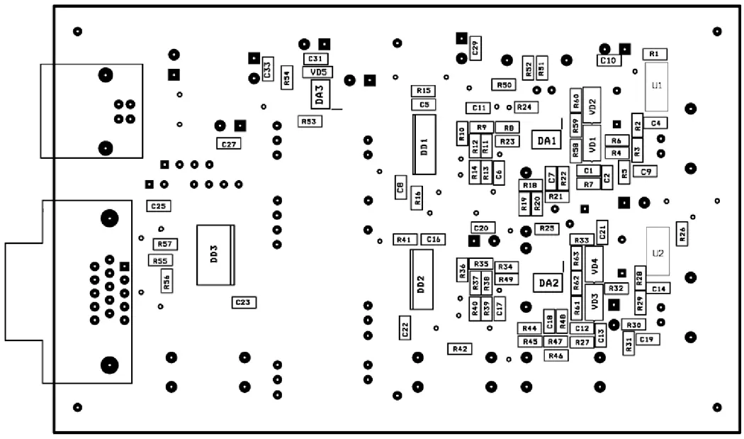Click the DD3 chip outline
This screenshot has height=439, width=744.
[215, 255]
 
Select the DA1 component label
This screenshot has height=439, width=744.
[546, 141]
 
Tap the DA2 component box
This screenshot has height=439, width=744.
[548, 283]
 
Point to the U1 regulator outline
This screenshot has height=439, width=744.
[656, 86]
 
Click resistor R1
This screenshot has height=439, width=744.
[654, 54]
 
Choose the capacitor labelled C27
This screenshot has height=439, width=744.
[229, 144]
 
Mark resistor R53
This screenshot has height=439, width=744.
[308, 121]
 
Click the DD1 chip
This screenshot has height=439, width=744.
[424, 145]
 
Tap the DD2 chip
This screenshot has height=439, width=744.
[421, 280]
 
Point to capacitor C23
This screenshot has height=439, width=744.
[243, 302]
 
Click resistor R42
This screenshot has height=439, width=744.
[461, 349]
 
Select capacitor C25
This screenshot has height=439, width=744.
[159, 206]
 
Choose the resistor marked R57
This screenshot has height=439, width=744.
[165, 244]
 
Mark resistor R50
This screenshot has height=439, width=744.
[504, 85]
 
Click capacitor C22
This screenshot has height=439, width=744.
[405, 328]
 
